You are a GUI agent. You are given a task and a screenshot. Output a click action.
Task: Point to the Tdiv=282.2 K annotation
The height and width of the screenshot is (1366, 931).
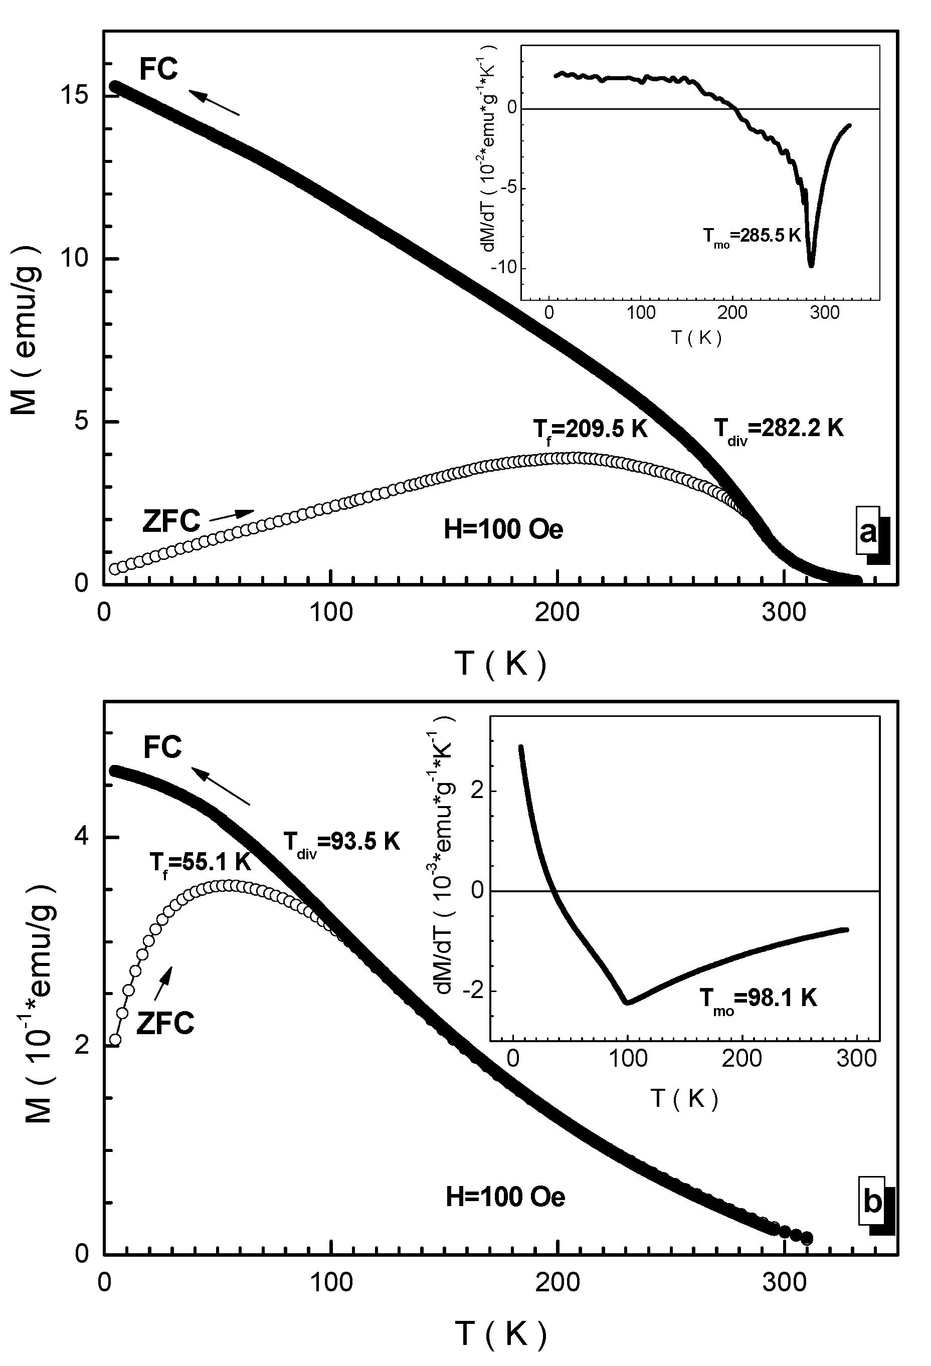point(778,430)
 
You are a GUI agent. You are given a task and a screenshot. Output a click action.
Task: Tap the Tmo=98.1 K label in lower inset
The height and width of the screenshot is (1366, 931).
point(758,999)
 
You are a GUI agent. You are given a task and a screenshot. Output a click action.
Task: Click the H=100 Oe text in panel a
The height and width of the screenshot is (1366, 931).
point(503,529)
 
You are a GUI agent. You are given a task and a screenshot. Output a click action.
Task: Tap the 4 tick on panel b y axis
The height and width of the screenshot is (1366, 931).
point(83,837)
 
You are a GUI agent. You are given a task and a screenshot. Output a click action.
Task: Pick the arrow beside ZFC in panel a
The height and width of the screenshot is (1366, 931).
point(232,515)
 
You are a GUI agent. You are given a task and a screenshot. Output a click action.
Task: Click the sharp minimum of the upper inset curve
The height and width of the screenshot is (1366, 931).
point(811,266)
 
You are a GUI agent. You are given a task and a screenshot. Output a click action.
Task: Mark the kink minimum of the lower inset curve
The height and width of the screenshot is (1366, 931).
point(627,1002)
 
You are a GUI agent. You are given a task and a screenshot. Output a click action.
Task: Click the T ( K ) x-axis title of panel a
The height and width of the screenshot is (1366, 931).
point(501,664)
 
